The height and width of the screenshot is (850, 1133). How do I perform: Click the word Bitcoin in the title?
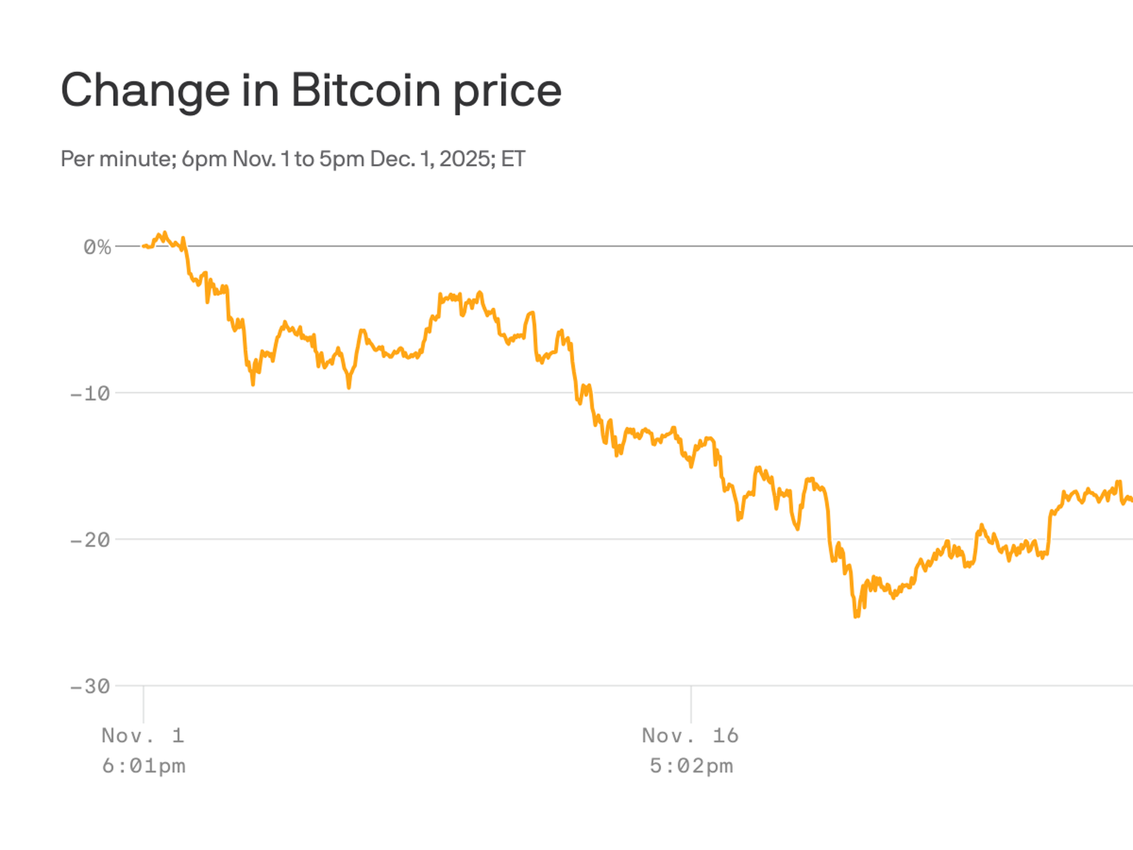365,90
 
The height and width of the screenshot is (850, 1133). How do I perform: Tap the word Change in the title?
145,90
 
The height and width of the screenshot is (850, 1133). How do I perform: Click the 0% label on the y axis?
97,247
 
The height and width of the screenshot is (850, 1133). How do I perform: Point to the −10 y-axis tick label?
90,394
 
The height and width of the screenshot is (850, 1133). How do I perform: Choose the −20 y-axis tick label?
90,540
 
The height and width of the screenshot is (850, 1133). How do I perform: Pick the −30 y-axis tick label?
90,686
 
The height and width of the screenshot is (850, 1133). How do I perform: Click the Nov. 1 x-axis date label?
143,735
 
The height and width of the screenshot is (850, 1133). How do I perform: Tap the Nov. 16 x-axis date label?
690,735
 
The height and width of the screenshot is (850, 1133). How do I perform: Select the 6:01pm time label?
143,766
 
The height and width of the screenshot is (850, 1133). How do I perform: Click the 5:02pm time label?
691,766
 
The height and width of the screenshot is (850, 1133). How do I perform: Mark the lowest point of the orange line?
856,616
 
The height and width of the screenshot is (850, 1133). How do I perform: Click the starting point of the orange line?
143,246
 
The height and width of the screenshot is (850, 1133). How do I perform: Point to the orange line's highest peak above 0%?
165,233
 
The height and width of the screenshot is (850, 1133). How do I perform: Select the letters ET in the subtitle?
513,159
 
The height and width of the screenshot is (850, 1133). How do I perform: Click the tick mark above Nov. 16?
691,704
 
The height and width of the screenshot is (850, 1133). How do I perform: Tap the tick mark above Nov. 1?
143,704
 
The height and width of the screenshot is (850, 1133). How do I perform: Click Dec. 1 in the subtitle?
401,159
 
